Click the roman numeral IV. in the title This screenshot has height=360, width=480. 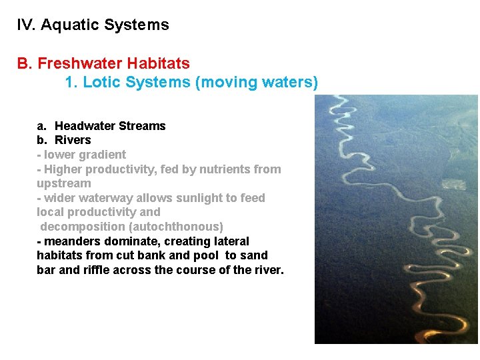pyautogui.click(x=26, y=25)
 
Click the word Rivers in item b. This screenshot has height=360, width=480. pyautogui.click(x=73, y=140)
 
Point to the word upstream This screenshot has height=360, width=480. pyautogui.click(x=63, y=183)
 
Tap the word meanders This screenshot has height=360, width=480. pyautogui.click(x=70, y=241)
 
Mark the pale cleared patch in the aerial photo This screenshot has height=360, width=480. pyautogui.click(x=455, y=183)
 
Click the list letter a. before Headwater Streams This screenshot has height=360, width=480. pyautogui.click(x=41, y=126)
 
